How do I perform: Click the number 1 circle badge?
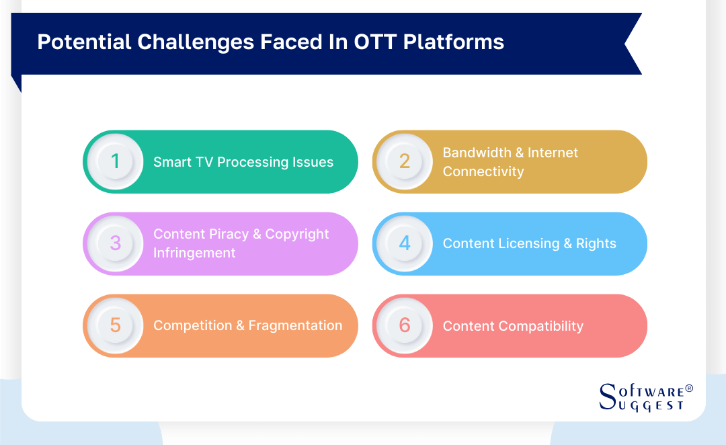coord(115,162)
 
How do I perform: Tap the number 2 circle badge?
coord(405,162)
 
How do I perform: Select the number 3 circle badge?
coord(115,243)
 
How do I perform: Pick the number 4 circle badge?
coord(405,243)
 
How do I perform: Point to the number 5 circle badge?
coord(115,325)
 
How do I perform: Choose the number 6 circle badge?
coord(405,325)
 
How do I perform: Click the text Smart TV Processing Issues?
coord(243,162)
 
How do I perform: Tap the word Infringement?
coord(194,253)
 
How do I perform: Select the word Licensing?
coord(524,243)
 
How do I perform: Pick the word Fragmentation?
coord(295,325)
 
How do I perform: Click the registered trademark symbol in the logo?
coord(688,389)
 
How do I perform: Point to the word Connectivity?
coord(483,171)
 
